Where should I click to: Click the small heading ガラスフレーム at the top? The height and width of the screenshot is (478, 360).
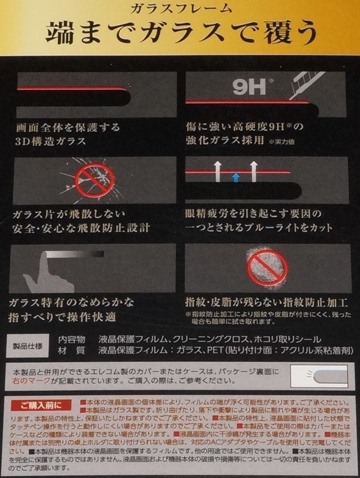click(180, 8)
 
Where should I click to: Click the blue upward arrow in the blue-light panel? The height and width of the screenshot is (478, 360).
click(235, 177)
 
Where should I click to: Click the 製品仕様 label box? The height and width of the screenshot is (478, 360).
click(29, 346)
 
